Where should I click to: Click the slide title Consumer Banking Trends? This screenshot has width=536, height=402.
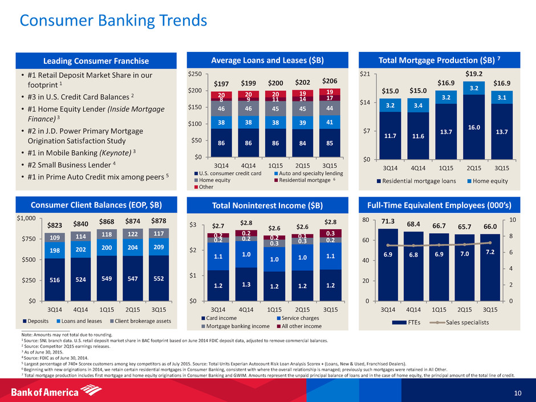(x=113, y=21)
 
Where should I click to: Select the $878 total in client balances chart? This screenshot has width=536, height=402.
(x=159, y=220)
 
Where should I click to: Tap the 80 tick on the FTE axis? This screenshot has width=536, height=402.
(x=371, y=220)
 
